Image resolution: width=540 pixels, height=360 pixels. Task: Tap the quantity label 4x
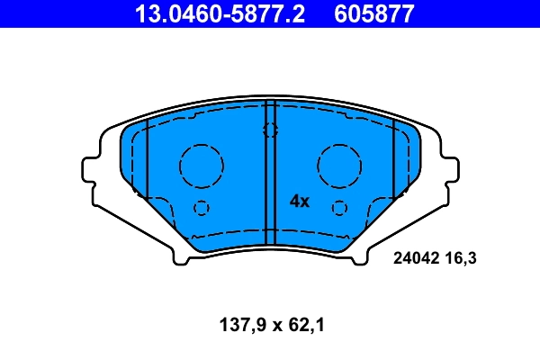point(299,202)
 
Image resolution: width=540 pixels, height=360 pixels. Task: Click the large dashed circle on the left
point(201,165)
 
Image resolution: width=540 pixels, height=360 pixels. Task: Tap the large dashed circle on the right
point(338,165)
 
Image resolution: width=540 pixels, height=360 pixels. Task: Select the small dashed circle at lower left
point(201,208)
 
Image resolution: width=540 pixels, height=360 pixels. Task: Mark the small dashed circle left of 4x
point(338,208)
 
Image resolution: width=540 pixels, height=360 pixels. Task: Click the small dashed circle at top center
point(270,130)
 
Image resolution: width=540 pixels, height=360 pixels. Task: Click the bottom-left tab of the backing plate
point(180,256)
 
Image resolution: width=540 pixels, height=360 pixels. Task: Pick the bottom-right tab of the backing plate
point(360,256)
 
